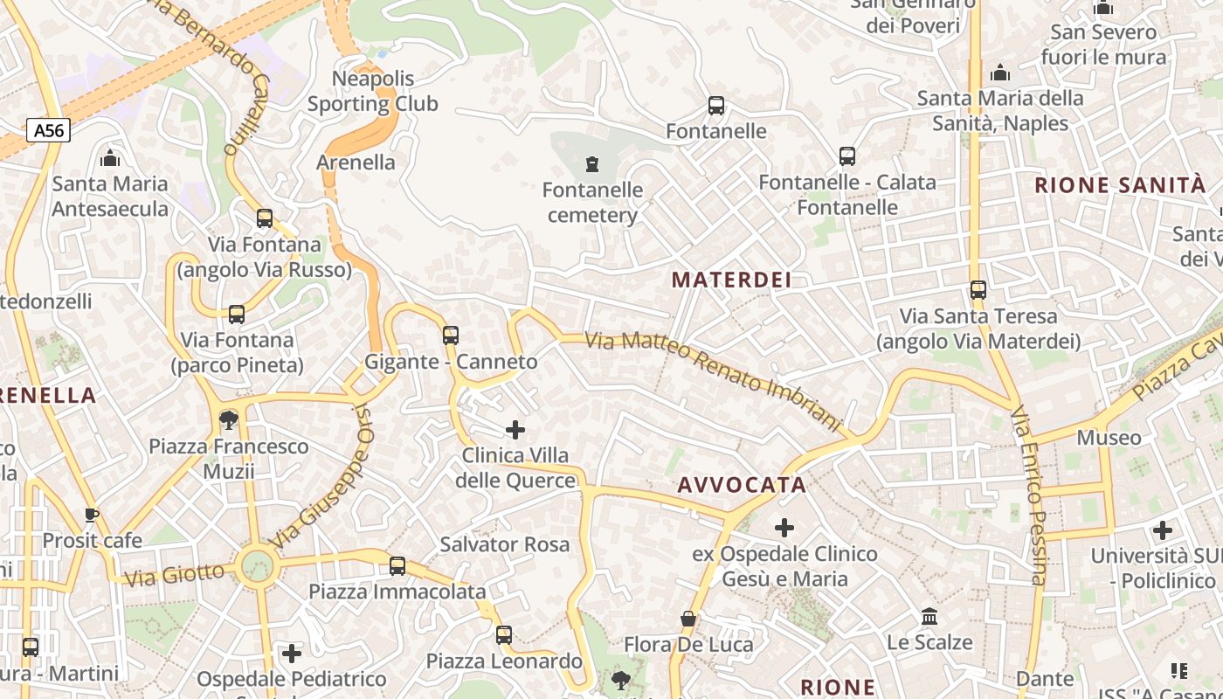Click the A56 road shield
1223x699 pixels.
(48, 131)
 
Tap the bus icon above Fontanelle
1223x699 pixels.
(716, 106)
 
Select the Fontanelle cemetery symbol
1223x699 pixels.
(592, 163)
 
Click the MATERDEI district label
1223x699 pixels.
(732, 280)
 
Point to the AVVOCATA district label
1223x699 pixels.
(742, 485)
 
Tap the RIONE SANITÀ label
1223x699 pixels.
(1120, 185)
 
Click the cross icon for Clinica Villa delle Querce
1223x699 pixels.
(515, 429)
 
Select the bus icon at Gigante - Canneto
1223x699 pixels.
(451, 335)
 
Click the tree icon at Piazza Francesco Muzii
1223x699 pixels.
(229, 420)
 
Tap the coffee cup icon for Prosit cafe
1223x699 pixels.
(92, 515)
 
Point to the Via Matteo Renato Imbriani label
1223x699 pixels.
(712, 381)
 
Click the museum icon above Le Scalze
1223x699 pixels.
(929, 617)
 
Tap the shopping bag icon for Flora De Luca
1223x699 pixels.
(688, 619)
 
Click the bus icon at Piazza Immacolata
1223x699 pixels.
(397, 565)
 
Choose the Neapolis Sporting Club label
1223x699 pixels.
(373, 91)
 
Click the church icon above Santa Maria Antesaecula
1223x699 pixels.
(110, 158)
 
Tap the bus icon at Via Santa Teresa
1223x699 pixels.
(978, 289)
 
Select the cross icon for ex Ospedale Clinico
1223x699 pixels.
(784, 527)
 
